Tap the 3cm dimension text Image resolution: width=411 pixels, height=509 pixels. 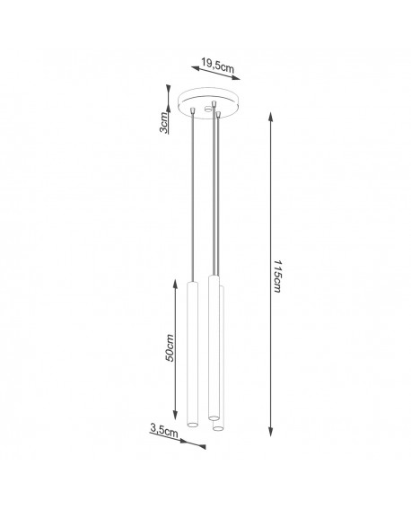point(164,120)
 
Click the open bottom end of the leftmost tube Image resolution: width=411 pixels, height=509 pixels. point(191,422)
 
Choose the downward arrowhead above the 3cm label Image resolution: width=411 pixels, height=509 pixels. point(168,92)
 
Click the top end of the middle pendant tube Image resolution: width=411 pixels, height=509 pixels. point(213,281)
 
